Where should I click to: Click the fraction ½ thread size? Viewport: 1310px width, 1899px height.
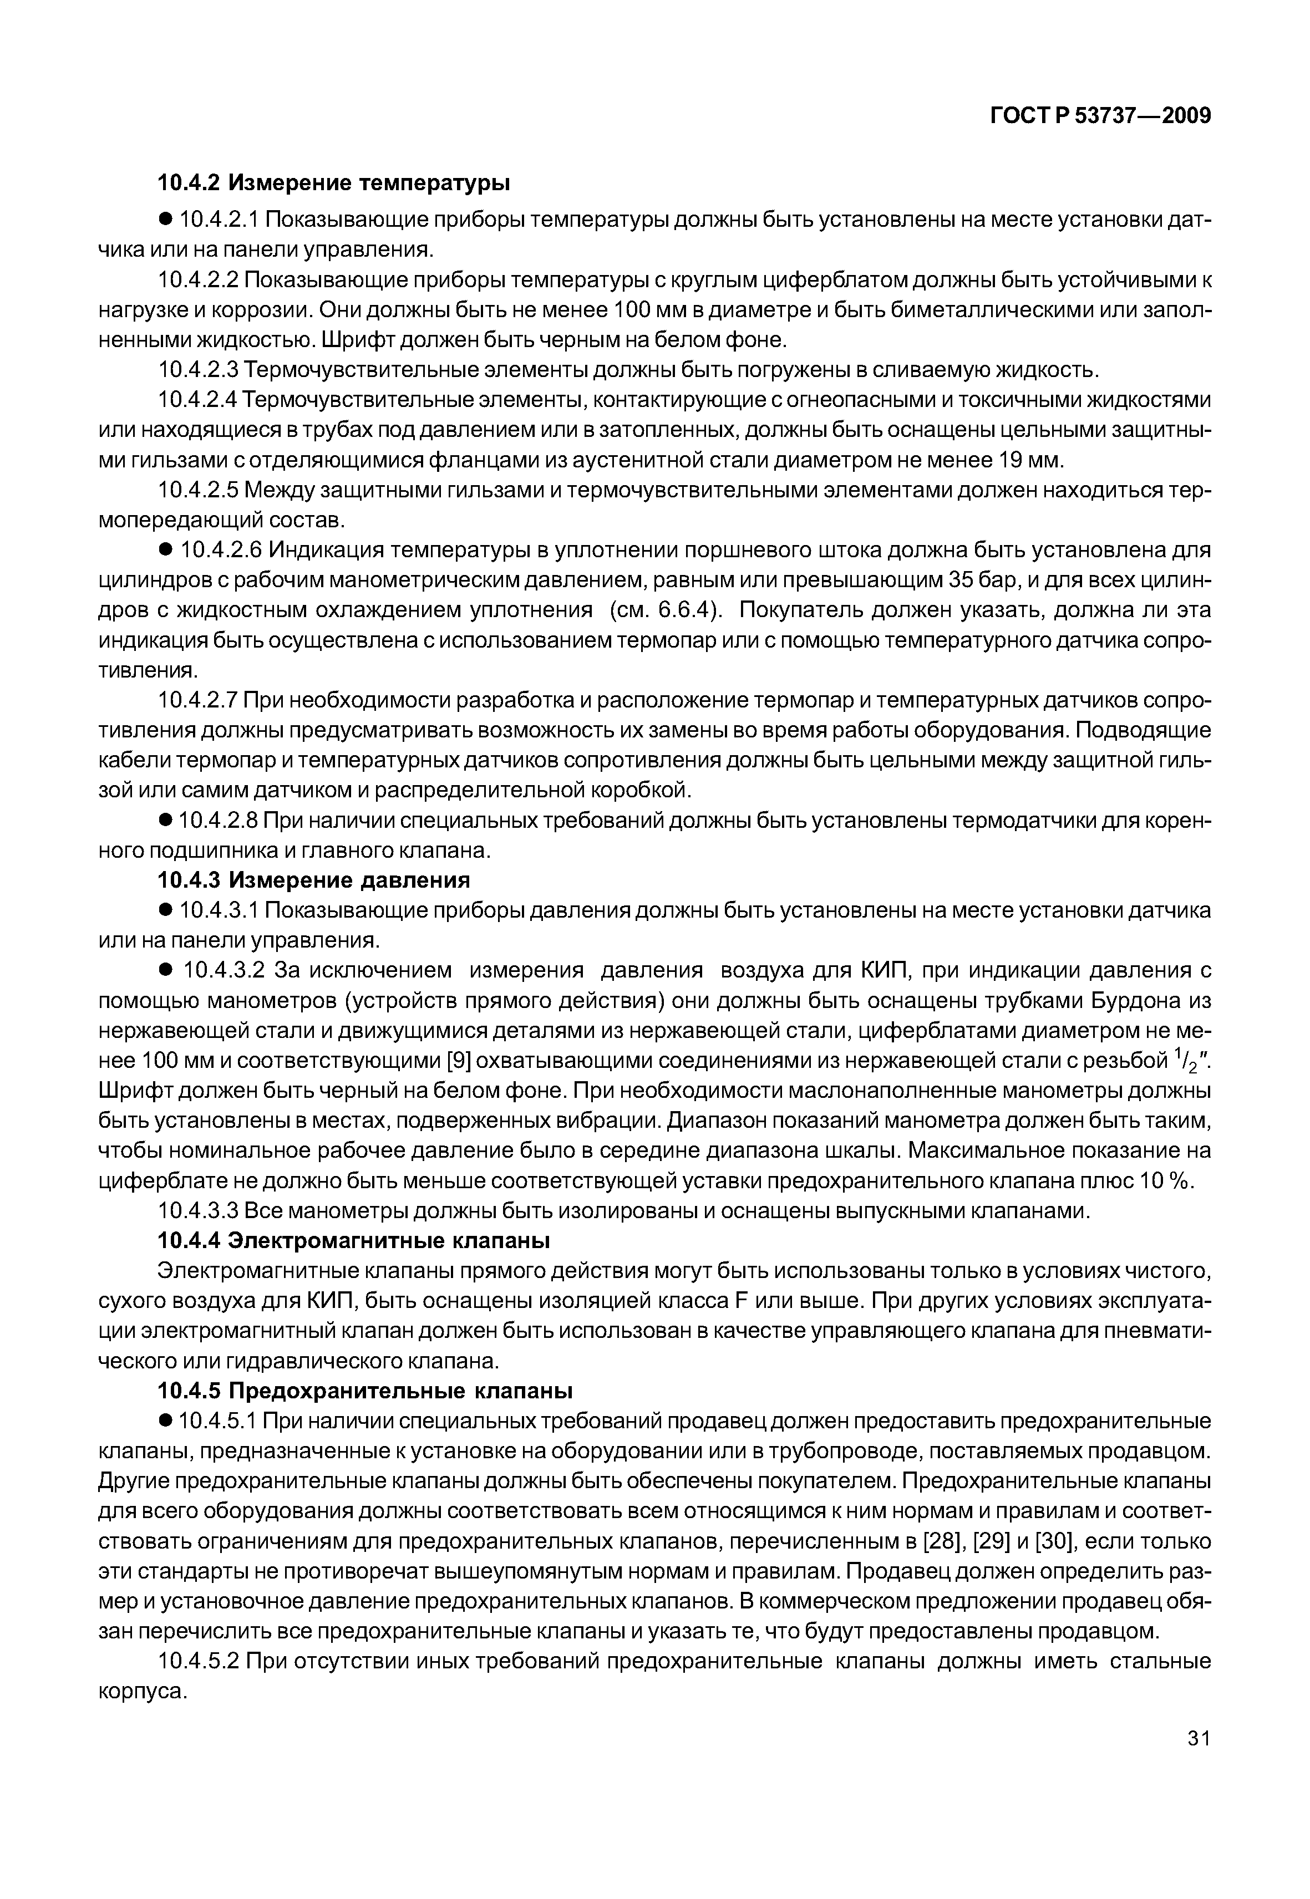[1186, 1060]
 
